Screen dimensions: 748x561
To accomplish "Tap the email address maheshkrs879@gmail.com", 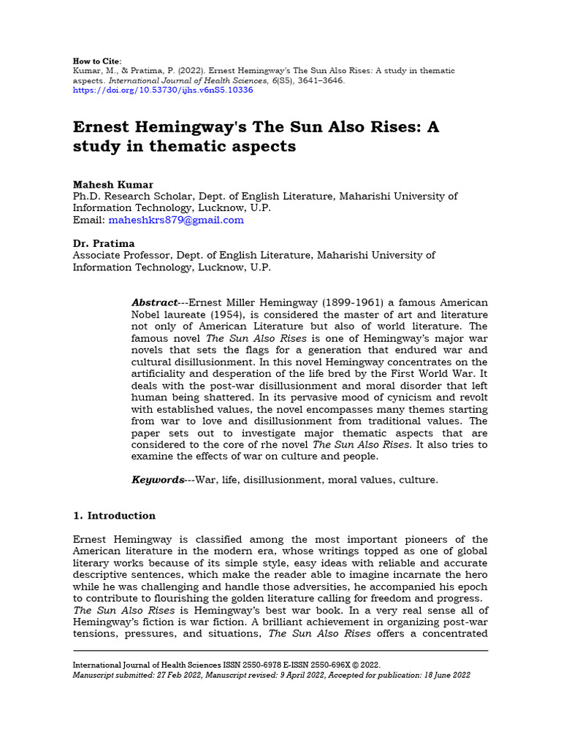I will (176, 220).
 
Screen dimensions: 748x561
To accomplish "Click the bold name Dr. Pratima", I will (104, 243).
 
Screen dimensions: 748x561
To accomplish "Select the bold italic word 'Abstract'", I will (154, 302).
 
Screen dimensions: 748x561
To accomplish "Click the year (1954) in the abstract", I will (218, 314).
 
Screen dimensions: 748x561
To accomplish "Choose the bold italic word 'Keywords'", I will (157, 480).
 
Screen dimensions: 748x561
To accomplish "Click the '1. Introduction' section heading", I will (115, 516).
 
